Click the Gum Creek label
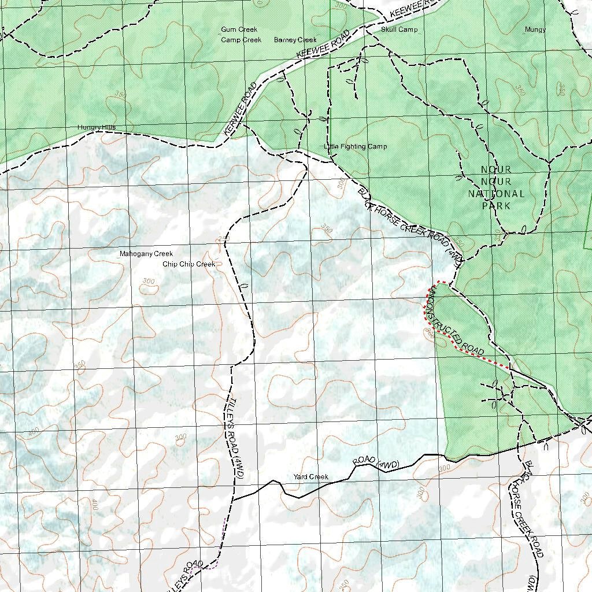pos(239,29)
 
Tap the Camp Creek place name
pos(241,40)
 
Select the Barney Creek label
pos(295,40)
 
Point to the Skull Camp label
pos(399,29)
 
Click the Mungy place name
pos(535,29)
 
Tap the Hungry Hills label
pos(97,127)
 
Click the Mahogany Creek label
pos(146,254)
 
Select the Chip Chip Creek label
pos(188,264)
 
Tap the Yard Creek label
pos(310,477)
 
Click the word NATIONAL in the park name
pos(496,194)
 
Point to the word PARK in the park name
pos(496,206)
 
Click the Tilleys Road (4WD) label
pos(236,436)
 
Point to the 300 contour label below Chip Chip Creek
pos(149,282)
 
